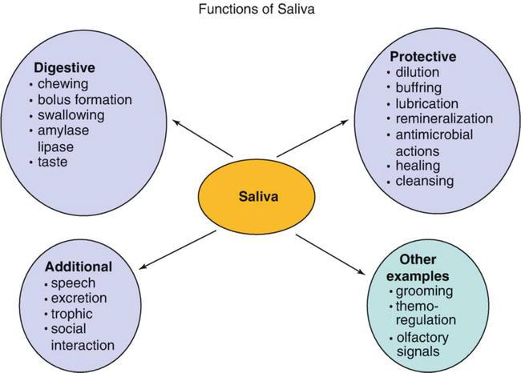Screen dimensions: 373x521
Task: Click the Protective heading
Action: click(424, 58)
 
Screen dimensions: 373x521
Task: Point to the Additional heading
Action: click(79, 266)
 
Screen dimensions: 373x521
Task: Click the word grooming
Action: click(422, 292)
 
